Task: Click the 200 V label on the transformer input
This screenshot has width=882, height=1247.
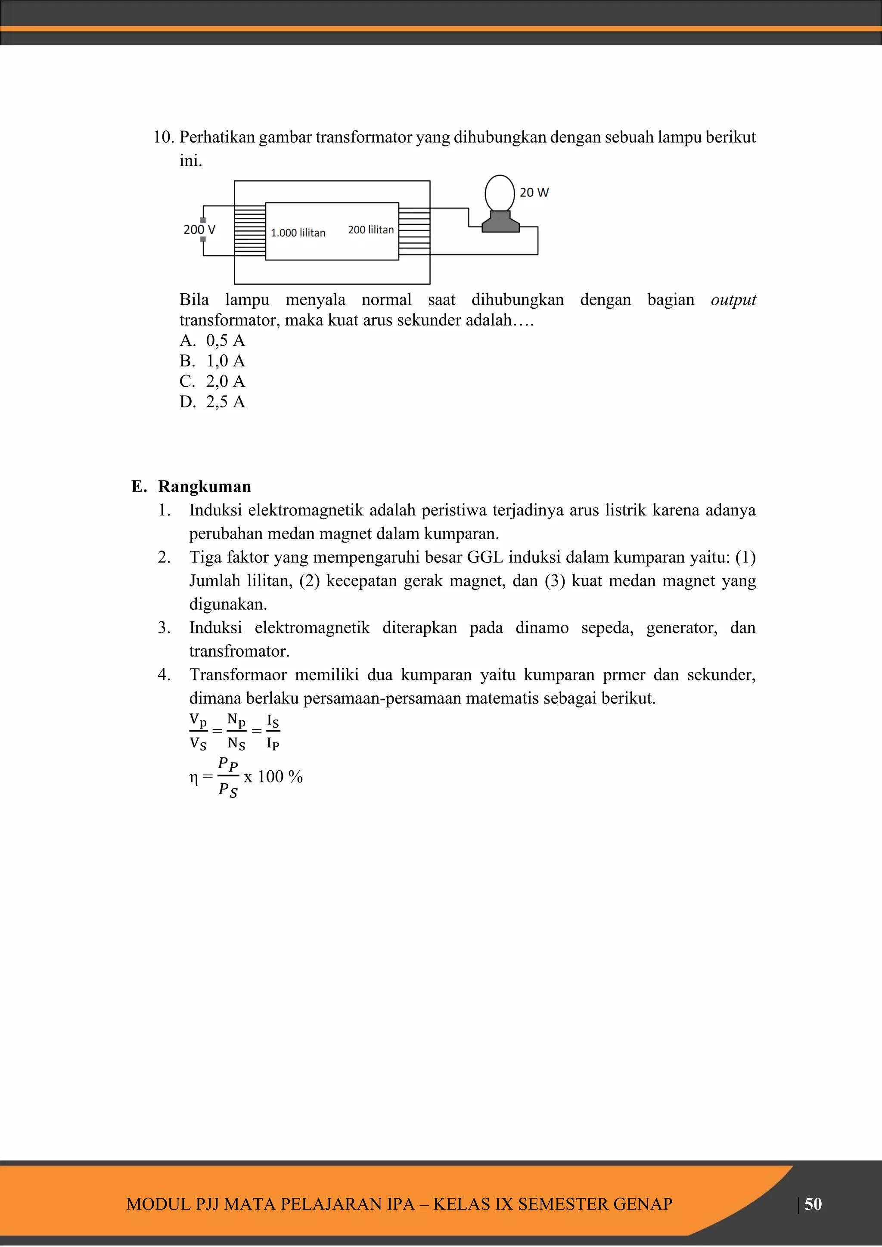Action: coord(199,230)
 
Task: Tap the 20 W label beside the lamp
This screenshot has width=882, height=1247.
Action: coord(534,192)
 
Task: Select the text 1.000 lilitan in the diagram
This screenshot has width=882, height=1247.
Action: coord(298,233)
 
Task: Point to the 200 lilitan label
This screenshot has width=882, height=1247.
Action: coord(370,230)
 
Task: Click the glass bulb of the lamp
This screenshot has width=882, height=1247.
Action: coord(499,193)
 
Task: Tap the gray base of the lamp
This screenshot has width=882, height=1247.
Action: coord(500,222)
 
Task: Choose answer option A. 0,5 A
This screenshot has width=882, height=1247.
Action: coord(212,341)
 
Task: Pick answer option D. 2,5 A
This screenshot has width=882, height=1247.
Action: coord(212,402)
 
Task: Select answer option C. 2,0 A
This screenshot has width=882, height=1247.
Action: coord(212,381)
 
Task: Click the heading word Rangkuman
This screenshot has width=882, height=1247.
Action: coord(204,486)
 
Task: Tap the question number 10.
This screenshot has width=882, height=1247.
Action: coord(162,137)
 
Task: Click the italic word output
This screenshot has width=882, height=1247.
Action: coord(733,300)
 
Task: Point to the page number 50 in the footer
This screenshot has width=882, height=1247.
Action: coord(813,1204)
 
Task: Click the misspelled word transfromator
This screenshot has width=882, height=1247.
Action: coord(239,651)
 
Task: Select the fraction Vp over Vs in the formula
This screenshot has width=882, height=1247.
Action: coord(198,731)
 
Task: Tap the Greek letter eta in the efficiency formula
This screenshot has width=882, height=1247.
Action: coord(193,778)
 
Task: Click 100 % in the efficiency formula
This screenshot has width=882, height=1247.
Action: coord(280,777)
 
